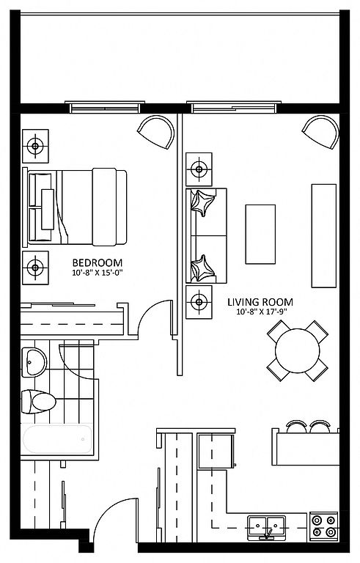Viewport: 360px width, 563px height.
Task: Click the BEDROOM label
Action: [98, 263]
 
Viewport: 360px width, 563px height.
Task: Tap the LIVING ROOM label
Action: [260, 302]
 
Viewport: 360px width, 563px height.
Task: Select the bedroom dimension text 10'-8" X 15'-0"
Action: [98, 273]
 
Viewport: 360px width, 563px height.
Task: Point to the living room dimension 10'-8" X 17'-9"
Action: [262, 312]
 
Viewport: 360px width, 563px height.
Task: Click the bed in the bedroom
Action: [75, 207]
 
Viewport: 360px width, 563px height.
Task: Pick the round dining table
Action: [297, 350]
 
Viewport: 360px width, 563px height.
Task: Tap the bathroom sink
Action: [34, 362]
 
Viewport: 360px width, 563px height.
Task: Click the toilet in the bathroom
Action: [38, 402]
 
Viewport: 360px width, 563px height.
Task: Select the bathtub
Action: [57, 439]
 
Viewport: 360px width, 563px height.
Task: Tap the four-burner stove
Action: [324, 526]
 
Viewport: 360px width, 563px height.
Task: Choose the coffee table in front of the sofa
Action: [260, 234]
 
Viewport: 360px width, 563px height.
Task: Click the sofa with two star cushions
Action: [206, 235]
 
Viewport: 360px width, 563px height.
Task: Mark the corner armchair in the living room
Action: [321, 131]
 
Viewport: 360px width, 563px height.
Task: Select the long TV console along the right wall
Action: [324, 236]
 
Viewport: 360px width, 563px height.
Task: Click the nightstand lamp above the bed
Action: [35, 146]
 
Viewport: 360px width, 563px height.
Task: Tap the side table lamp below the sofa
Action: [199, 302]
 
